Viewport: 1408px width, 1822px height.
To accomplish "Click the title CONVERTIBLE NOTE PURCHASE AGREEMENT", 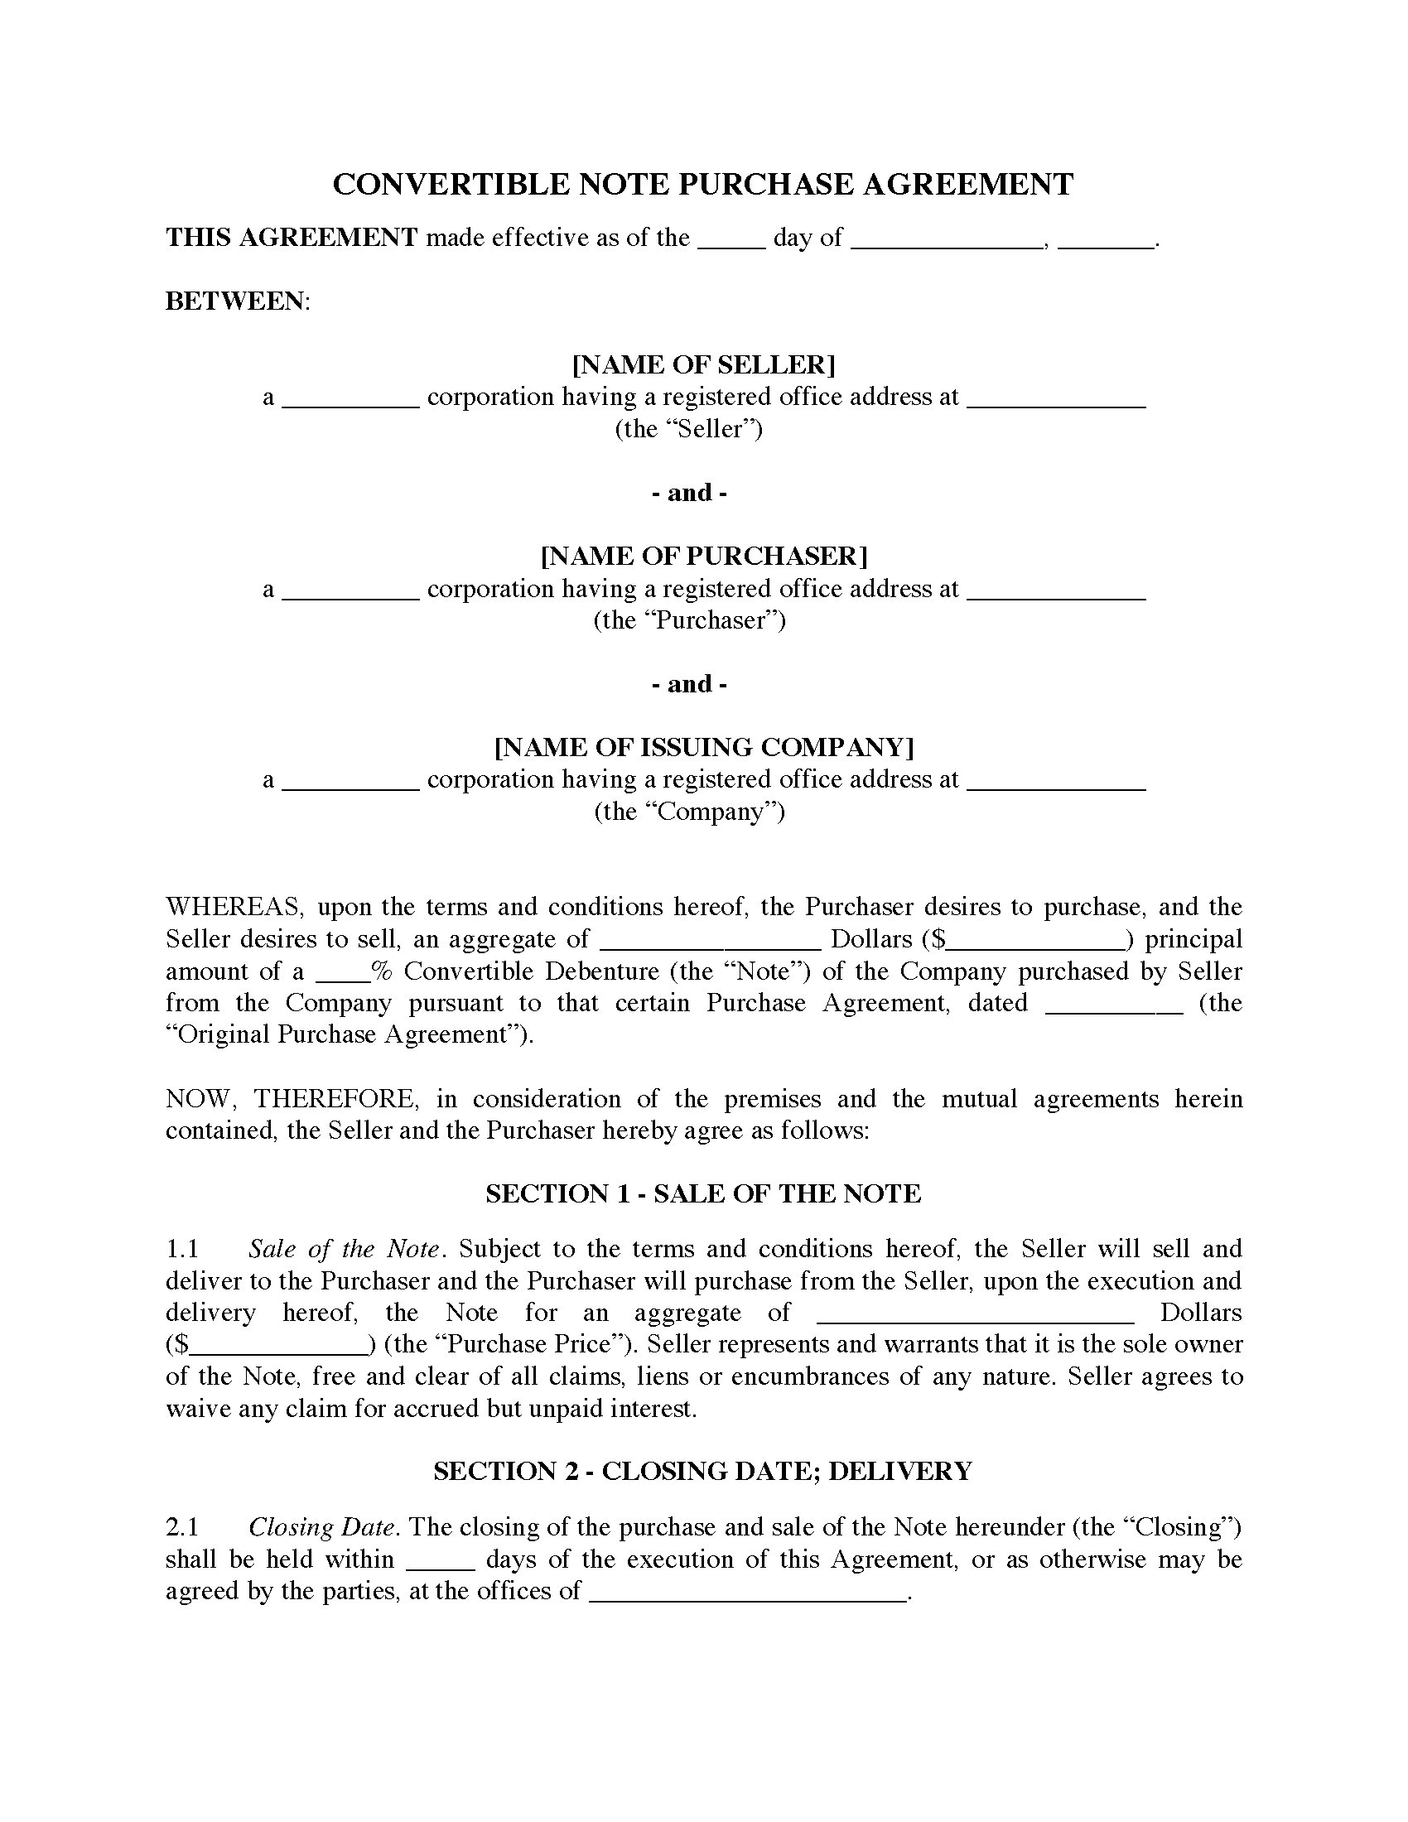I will (702, 185).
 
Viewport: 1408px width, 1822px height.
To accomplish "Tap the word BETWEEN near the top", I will (236, 301).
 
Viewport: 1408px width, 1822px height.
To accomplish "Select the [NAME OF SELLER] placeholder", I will (703, 364).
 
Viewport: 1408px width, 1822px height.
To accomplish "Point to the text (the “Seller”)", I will (689, 429).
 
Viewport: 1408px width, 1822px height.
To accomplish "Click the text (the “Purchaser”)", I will (689, 619).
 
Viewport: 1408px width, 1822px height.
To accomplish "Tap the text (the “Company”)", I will (689, 811).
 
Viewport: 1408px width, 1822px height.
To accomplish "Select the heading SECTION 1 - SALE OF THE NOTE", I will (703, 1193).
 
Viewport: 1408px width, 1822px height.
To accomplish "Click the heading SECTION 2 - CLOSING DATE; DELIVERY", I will (703, 1471).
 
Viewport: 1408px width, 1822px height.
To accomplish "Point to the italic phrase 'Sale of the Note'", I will (344, 1249).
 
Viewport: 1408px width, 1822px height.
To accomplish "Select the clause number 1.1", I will (183, 1249).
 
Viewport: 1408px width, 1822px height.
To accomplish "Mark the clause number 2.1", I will (183, 1526).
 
